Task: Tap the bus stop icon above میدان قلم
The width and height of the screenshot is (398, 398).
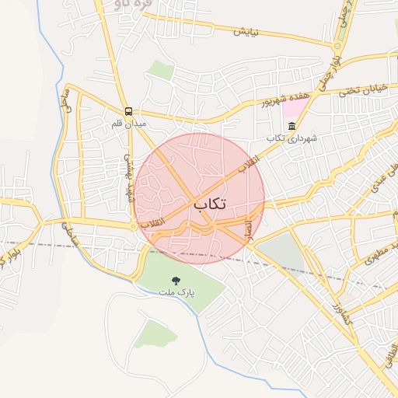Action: click(x=128, y=111)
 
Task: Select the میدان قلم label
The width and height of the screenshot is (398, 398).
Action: click(x=129, y=122)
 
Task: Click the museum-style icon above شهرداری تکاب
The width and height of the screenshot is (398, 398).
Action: click(x=292, y=126)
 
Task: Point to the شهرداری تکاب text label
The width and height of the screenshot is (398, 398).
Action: click(x=292, y=138)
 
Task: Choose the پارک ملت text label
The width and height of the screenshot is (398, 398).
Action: click(x=176, y=292)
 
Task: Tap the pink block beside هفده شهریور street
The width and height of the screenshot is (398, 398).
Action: click(x=296, y=108)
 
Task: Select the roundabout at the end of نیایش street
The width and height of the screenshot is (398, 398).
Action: click(x=333, y=43)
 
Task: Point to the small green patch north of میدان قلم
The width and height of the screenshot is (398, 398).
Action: click(x=162, y=70)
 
